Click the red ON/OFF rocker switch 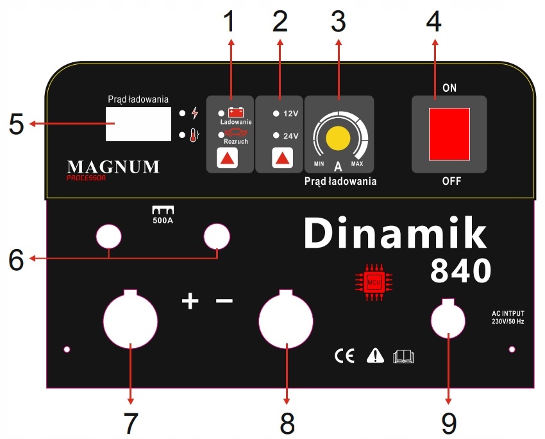pyautogui.click(x=449, y=134)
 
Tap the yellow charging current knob pyautogui.click(x=338, y=138)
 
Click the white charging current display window pyautogui.click(x=138, y=125)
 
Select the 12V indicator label pyautogui.click(x=290, y=114)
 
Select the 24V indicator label pyautogui.click(x=290, y=136)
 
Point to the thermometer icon pyautogui.click(x=195, y=135)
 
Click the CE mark pyautogui.click(x=344, y=356)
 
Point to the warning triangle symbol pyautogui.click(x=374, y=356)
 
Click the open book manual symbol pyautogui.click(x=403, y=356)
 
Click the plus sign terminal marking pyautogui.click(x=190, y=300)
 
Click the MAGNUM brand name pyautogui.click(x=113, y=167)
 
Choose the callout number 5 pyautogui.click(x=17, y=124)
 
